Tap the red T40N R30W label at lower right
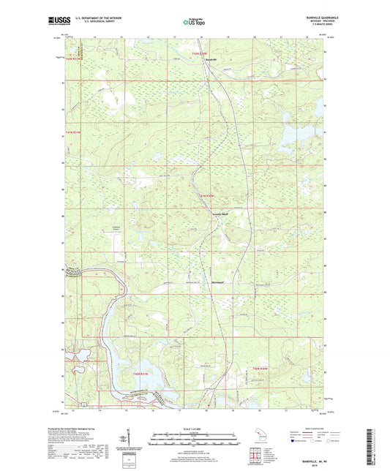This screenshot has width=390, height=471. [260, 368]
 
